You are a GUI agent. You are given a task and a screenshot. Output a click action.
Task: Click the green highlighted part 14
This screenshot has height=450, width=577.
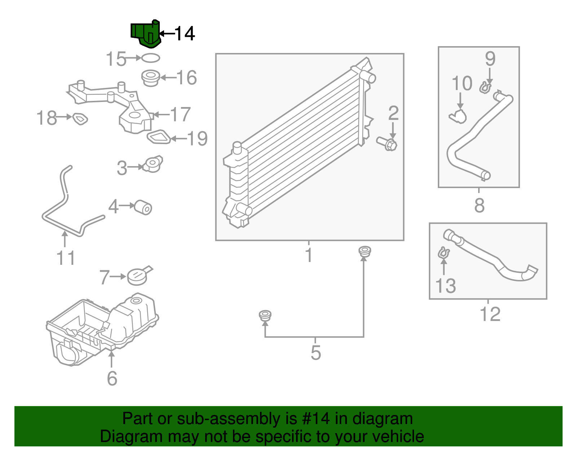coord(146,34)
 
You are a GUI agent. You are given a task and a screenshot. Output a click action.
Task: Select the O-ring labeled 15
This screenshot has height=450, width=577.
coord(150,58)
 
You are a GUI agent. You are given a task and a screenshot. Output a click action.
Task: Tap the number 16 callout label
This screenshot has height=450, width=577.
coord(186,78)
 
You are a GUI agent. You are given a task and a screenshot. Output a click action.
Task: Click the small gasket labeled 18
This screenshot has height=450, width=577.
coord(80,119)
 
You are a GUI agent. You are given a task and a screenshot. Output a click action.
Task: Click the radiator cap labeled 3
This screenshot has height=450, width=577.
coord(153,164)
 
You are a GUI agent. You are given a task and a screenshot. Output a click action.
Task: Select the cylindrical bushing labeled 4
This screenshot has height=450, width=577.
coord(143,207)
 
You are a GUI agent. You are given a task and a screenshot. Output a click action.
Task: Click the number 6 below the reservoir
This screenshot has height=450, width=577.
coord(112,378)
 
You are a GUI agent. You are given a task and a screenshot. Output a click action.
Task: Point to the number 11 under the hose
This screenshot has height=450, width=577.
coord(66,258)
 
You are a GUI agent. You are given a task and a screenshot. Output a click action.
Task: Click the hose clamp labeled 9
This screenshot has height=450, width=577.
coord(485,87)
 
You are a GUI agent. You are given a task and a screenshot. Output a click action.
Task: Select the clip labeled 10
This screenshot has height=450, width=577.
coord(458,116)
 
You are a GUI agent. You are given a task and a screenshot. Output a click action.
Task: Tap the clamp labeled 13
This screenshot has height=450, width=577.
coord(443,253)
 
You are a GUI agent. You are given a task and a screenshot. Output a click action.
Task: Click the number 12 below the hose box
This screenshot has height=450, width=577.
coord(490,314)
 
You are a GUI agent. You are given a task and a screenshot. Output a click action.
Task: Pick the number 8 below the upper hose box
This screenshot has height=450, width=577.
coord(479,206)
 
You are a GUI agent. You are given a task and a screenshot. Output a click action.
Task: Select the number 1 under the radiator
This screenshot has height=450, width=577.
coord(309,254)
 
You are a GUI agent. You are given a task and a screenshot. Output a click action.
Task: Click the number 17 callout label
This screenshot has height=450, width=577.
coord(180,115)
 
